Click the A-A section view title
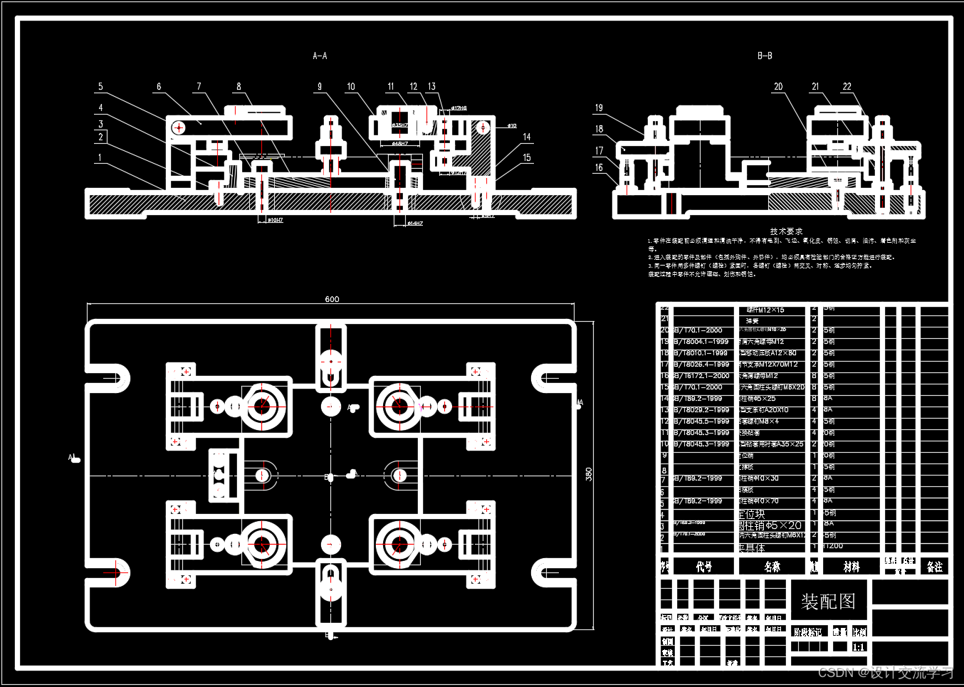[320, 56]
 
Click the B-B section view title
[765, 56]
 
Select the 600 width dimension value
[332, 299]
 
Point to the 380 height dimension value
[588, 474]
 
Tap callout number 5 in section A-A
[100, 87]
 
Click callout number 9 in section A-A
[320, 87]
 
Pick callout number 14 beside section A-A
[527, 137]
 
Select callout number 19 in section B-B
[599, 108]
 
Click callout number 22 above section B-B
[847, 87]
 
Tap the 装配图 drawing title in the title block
[828, 602]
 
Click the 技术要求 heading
[786, 231]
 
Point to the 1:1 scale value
[859, 647]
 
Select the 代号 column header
[703, 567]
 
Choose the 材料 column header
[852, 567]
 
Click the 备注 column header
[934, 567]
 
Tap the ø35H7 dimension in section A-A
[400, 125]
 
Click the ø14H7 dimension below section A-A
[414, 224]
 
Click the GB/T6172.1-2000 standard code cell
[702, 376]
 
